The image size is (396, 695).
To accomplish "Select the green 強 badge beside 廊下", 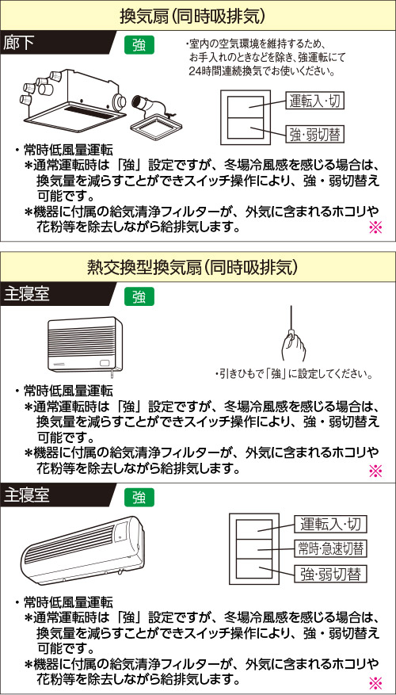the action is click(x=140, y=44).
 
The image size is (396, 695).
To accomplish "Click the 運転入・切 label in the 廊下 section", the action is click(x=314, y=102).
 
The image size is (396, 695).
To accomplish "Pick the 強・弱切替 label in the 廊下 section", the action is click(x=314, y=134).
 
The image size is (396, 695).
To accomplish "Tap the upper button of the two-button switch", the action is click(x=245, y=106).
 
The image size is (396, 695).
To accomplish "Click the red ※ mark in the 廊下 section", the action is click(x=375, y=227).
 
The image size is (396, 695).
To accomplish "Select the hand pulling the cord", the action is click(x=293, y=346).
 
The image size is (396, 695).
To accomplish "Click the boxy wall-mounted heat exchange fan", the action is click(x=84, y=344).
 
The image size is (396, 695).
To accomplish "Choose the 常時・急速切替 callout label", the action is click(x=331, y=548).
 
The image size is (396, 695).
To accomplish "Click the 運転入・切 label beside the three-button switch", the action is click(x=331, y=525).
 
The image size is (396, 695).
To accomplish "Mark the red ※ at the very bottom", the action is click(x=375, y=682).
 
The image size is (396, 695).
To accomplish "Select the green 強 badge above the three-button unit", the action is click(x=140, y=498).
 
